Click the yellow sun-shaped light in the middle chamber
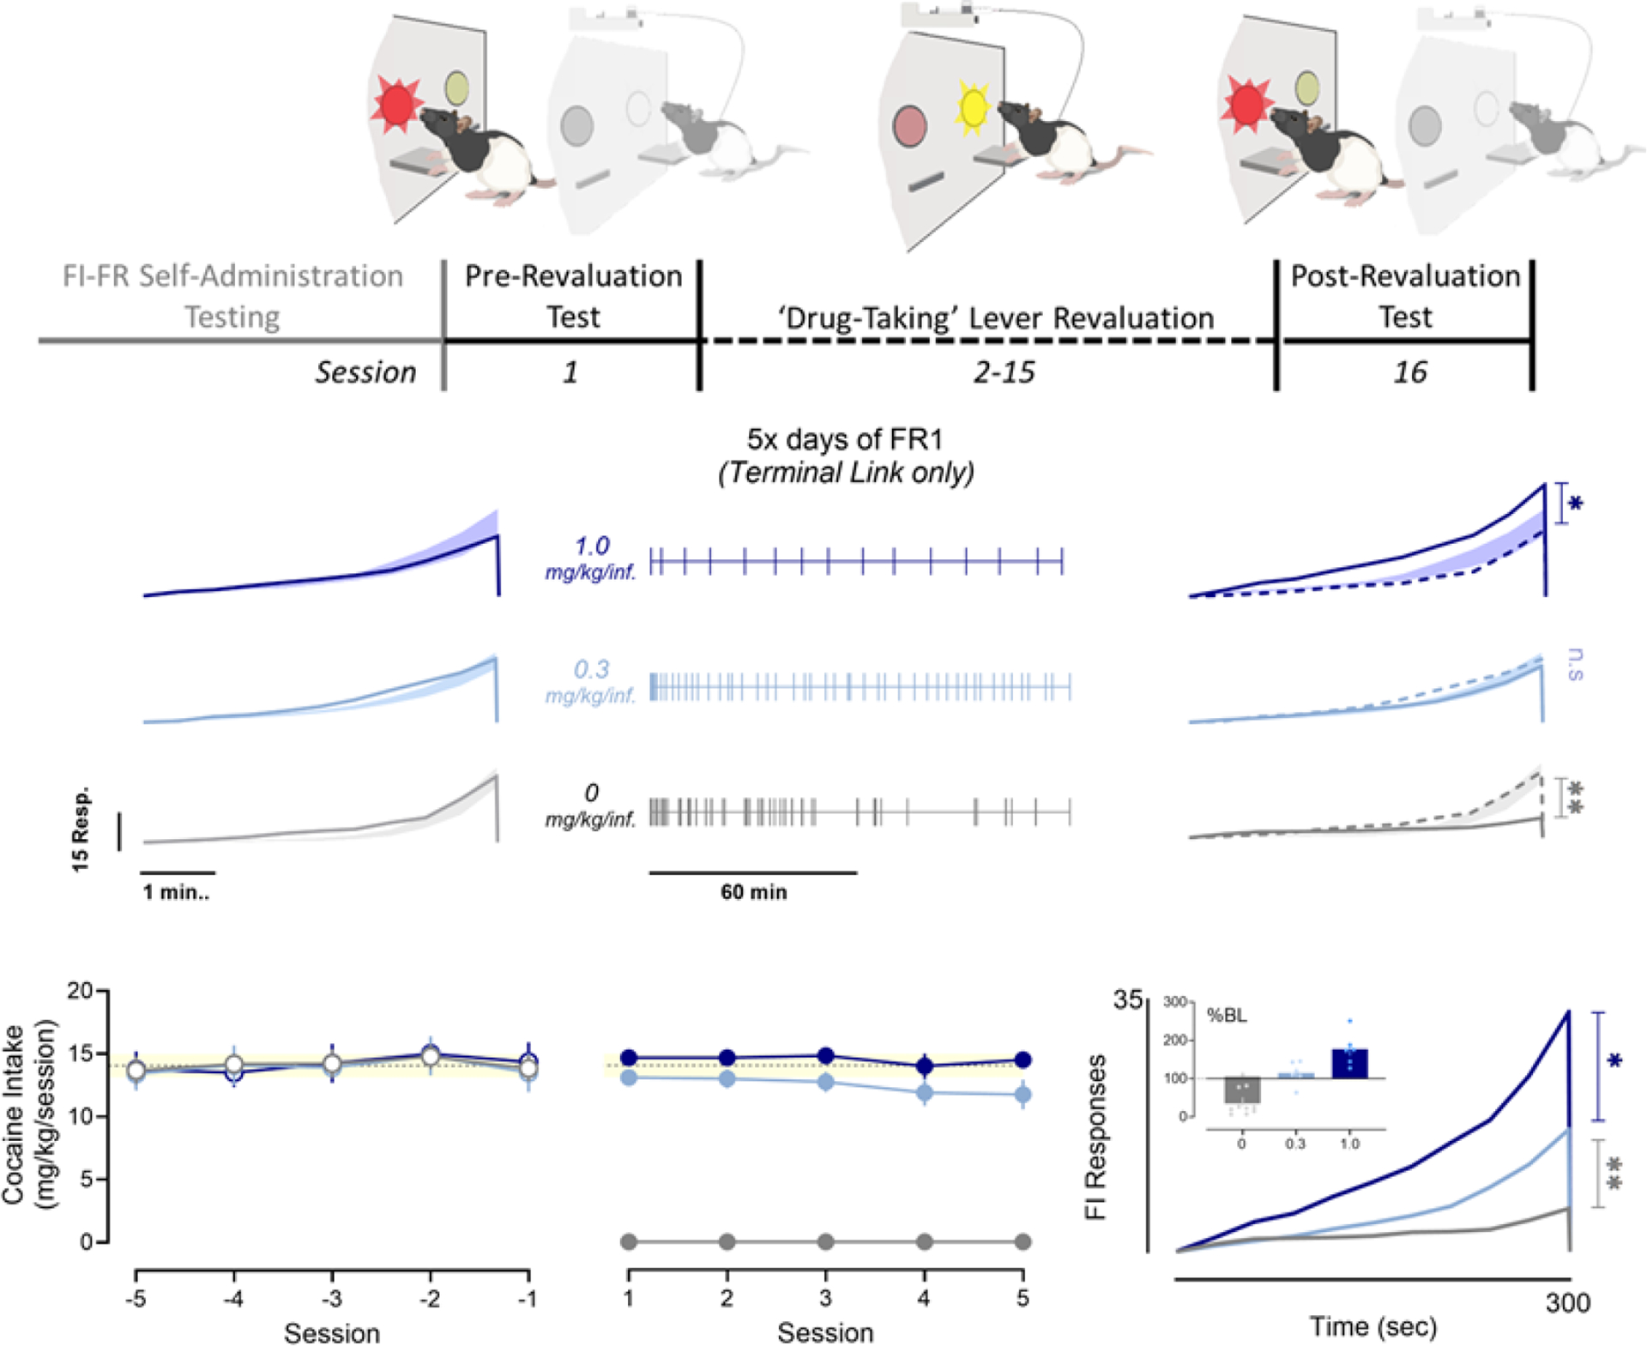(973, 108)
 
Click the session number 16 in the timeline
(1409, 372)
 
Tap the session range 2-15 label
(1004, 372)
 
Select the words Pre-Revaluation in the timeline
(573, 276)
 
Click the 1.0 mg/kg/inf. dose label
(591, 558)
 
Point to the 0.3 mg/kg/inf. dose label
(591, 681)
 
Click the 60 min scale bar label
(753, 892)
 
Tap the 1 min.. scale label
(176, 892)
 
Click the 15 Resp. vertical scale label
(81, 830)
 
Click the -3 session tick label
(332, 1299)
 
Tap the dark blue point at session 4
(924, 1066)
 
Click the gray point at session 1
(629, 1241)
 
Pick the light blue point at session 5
(1023, 1095)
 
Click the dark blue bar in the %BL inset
(1349, 1063)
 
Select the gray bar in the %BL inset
(1241, 1090)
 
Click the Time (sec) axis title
(1372, 1326)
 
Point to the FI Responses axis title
(1095, 1137)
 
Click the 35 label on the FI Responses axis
(1127, 1000)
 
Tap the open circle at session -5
(136, 1071)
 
